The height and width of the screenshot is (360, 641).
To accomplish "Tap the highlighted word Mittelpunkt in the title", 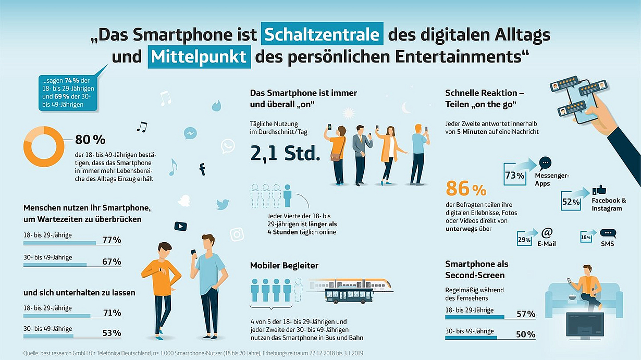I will [x=199, y=57].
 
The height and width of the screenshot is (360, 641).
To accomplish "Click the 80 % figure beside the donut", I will [x=90, y=140].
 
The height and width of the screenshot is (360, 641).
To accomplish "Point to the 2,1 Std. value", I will [x=285, y=154].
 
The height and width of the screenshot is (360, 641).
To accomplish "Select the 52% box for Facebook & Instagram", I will [x=571, y=201].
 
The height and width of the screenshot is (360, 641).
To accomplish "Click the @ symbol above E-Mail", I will [x=547, y=232].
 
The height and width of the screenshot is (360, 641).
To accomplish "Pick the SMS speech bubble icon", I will [x=608, y=233].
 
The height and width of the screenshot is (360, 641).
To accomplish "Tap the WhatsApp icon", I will [x=228, y=146].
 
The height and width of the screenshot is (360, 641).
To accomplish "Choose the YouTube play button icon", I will [x=180, y=226].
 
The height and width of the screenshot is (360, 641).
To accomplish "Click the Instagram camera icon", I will [x=237, y=234].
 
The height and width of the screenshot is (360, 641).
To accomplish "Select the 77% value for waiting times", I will [x=112, y=240].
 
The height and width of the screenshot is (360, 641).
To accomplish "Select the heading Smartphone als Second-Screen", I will [x=476, y=269].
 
